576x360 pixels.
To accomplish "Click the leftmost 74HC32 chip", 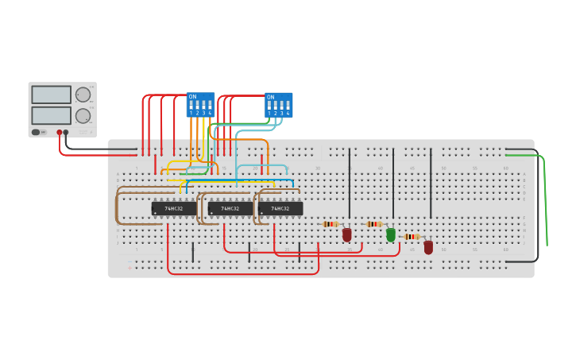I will pyautogui.click(x=174, y=209).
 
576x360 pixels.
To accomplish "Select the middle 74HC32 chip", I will pyautogui.click(x=230, y=209).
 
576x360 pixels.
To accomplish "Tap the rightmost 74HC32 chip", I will pyautogui.click(x=280, y=209).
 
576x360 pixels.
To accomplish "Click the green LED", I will pyautogui.click(x=391, y=234).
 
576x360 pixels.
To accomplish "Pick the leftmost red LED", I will pyautogui.click(x=347, y=234).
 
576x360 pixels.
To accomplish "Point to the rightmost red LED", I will pyautogui.click(x=428, y=247).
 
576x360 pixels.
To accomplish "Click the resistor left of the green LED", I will pyautogui.click(x=374, y=224).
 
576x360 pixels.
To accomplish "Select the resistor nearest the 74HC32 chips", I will pyautogui.click(x=331, y=224).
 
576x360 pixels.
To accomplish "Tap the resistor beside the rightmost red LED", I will pyautogui.click(x=411, y=236).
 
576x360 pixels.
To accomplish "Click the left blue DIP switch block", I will pyautogui.click(x=200, y=105).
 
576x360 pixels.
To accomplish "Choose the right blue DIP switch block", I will pyautogui.click(x=278, y=105).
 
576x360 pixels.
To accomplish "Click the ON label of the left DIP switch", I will pyautogui.click(x=192, y=97).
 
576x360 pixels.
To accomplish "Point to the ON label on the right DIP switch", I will pyautogui.click(x=270, y=97).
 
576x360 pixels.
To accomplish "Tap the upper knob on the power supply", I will pyautogui.click(x=83, y=95).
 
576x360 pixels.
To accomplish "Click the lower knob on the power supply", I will pyautogui.click(x=83, y=115).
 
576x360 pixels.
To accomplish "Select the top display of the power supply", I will pyautogui.click(x=51, y=95).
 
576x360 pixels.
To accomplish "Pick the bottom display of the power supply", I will pyautogui.click(x=51, y=115).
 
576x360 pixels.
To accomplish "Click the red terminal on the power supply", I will pyautogui.click(x=59, y=132).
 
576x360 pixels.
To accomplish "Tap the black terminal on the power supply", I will pyautogui.click(x=66, y=132).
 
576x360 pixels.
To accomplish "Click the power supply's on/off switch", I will pyautogui.click(x=36, y=132).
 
